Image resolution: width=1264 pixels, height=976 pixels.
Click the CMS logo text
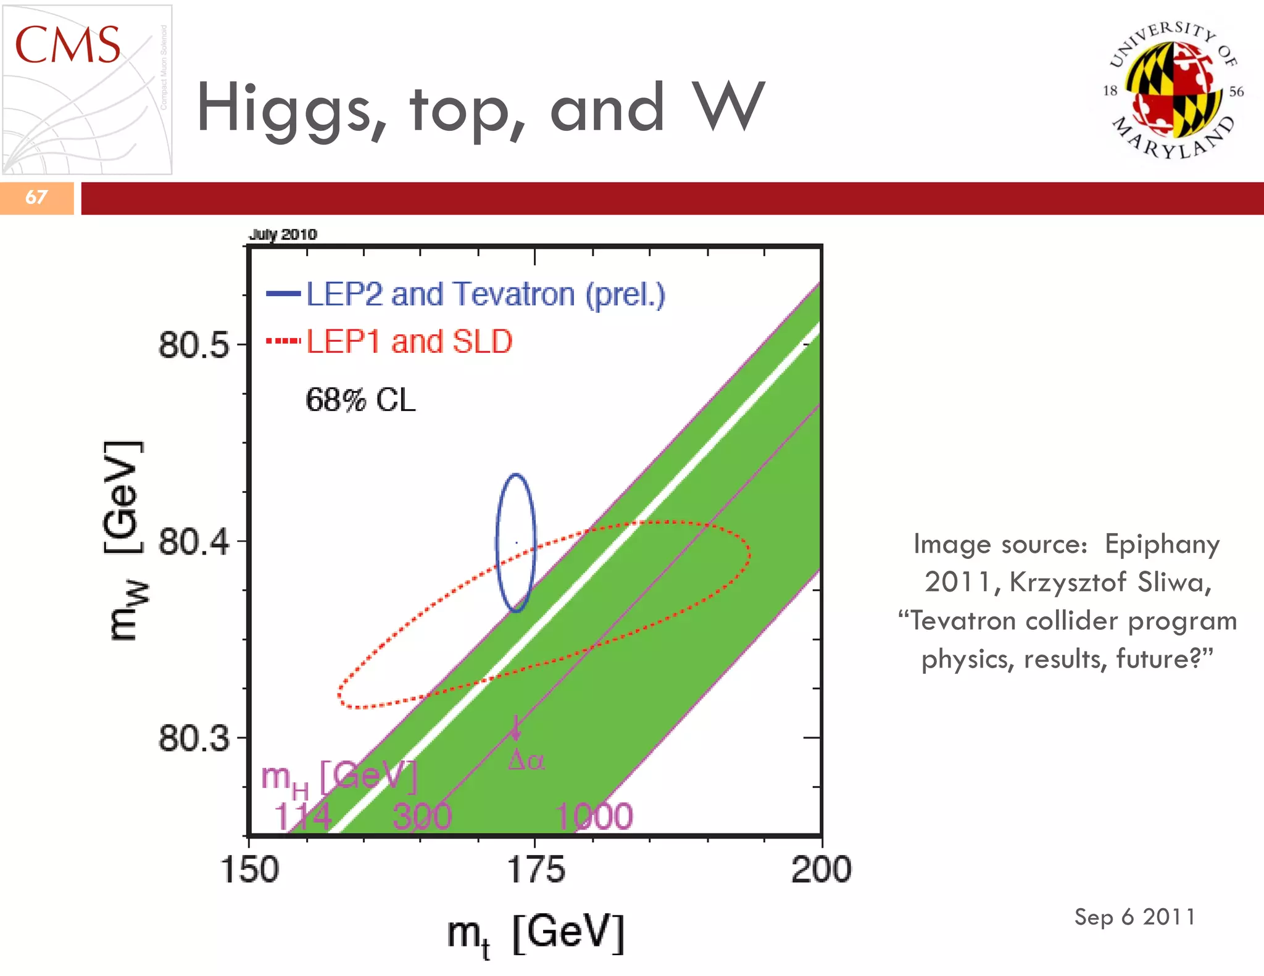pos(67,46)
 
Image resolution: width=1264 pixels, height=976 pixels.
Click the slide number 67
pos(36,197)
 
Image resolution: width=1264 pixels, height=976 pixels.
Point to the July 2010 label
pos(283,234)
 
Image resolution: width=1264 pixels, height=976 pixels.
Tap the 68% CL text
pos(360,400)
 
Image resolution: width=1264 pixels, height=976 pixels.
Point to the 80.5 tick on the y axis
pos(194,345)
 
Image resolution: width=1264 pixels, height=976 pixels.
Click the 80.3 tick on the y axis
pos(194,738)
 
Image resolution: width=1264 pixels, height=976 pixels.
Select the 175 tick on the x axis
pos(535,870)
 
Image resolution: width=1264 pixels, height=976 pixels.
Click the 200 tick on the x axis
pos(821,870)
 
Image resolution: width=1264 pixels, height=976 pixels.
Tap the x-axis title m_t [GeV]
pos(536,934)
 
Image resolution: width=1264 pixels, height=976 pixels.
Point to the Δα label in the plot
pos(526,761)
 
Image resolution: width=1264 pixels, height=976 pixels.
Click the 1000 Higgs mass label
pos(594,817)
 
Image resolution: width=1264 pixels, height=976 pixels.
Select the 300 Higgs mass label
pos(422,817)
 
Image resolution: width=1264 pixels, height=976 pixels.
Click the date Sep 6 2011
pos(1134,917)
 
